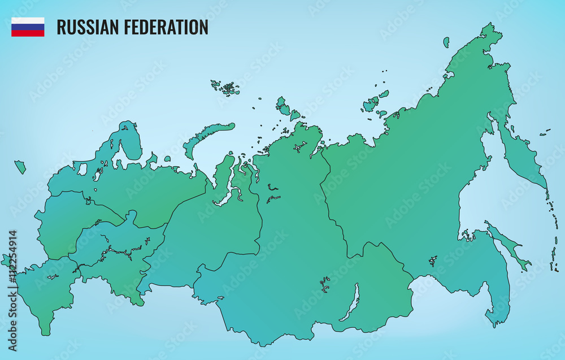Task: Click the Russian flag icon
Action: coord(28,27)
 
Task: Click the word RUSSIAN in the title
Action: coord(89,27)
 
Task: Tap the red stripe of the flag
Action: coord(28,33)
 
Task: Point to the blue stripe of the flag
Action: coord(28,27)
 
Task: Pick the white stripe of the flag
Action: coord(28,20)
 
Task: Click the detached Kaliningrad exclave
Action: coord(20,167)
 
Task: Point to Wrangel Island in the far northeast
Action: coord(446,42)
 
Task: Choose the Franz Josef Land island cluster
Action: coord(226,88)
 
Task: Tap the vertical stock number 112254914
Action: coord(12,290)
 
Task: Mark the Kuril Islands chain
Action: coord(552,237)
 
